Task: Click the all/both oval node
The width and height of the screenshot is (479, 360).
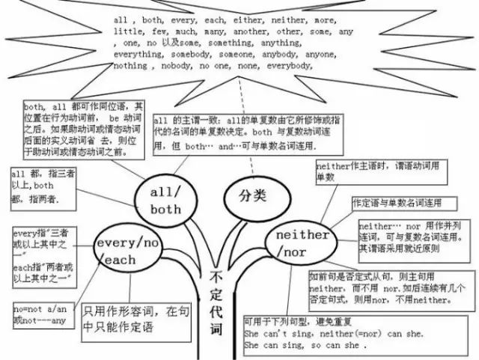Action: pos(165,200)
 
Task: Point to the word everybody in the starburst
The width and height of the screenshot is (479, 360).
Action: pos(284,66)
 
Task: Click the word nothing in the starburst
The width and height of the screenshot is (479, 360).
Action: pos(131,66)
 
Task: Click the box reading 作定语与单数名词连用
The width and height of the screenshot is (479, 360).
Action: pos(397,203)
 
